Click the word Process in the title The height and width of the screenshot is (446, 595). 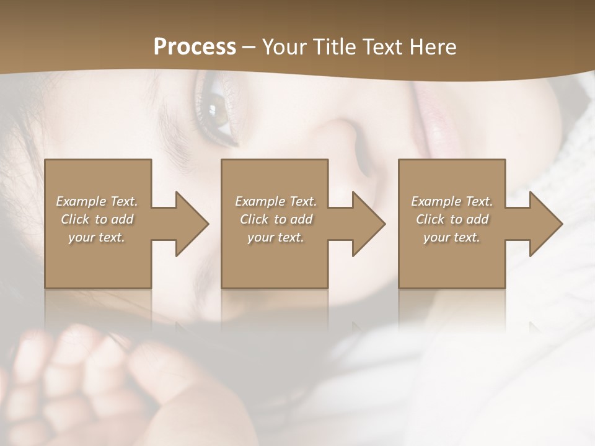point(195,46)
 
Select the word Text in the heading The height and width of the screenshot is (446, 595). point(384,46)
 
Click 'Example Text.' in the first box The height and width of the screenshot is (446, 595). point(97,201)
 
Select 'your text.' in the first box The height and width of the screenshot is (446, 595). point(97,237)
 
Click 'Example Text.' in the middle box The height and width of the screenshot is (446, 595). point(276,201)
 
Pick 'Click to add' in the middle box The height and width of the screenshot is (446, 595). point(276,219)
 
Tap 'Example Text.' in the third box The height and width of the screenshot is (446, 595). point(452,201)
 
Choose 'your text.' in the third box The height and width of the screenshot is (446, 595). point(452,237)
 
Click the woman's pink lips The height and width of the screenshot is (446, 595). point(428,111)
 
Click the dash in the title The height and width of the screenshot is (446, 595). point(249,47)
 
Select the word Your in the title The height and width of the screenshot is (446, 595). point(285,46)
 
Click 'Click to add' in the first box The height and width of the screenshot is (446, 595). point(97,219)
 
